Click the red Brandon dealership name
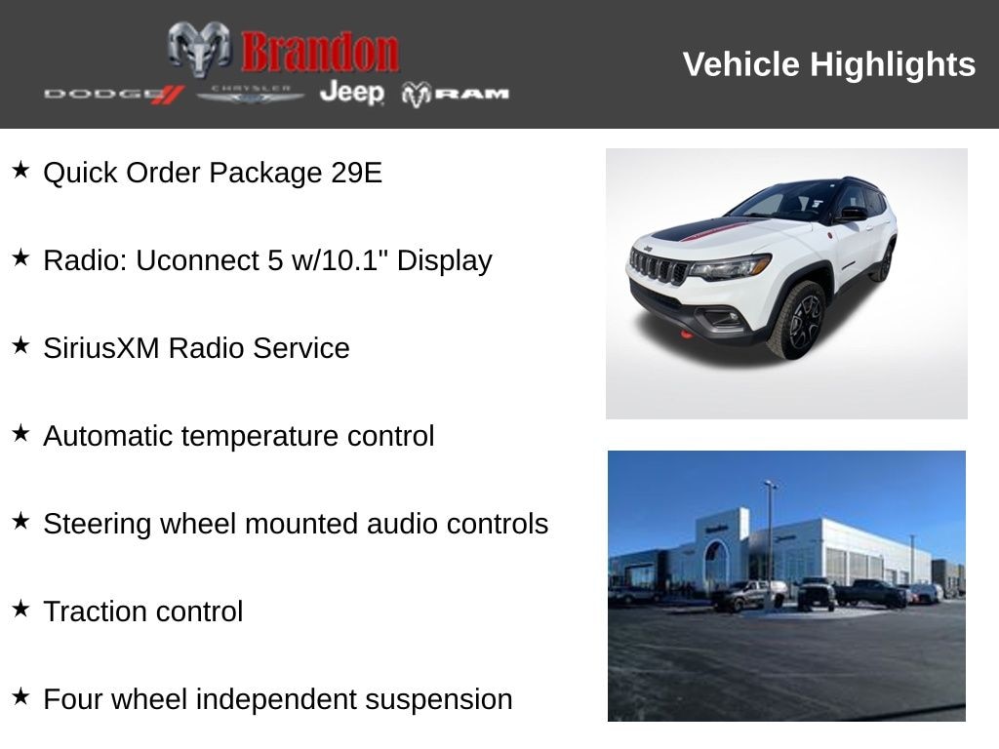[x=320, y=52]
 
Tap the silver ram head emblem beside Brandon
[x=199, y=49]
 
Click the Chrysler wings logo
[x=251, y=94]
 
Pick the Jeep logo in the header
[x=352, y=93]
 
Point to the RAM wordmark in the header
[x=457, y=94]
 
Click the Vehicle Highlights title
[x=828, y=64]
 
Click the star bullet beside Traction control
[x=20, y=610]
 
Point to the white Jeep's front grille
[x=658, y=266]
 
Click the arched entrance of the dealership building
[x=717, y=563]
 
